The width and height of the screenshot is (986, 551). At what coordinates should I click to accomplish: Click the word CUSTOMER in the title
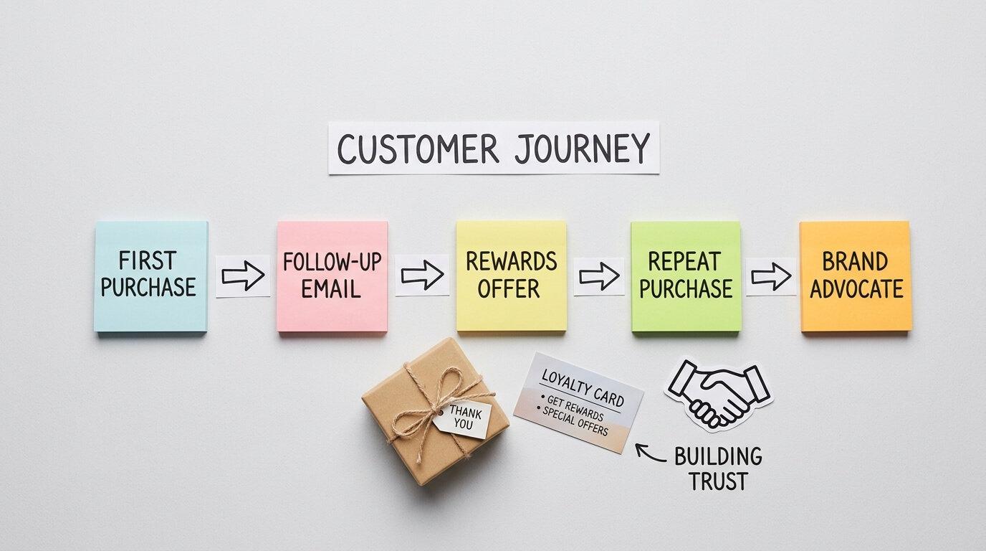click(x=418, y=149)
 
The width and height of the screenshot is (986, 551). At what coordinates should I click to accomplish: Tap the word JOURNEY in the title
click(x=581, y=149)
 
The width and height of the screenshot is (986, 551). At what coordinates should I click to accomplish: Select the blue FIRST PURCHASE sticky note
click(x=150, y=276)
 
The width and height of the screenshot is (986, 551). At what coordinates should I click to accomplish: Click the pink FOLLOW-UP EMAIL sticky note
click(x=332, y=276)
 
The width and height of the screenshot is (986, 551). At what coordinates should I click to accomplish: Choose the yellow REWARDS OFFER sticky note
click(x=511, y=276)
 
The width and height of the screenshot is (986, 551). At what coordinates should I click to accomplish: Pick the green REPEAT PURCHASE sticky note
click(x=686, y=276)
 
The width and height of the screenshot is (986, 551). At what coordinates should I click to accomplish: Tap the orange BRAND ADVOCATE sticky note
click(x=856, y=276)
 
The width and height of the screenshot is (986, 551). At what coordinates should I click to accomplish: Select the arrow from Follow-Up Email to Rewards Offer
click(x=422, y=275)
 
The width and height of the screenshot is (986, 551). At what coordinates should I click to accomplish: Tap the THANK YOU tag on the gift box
click(x=464, y=418)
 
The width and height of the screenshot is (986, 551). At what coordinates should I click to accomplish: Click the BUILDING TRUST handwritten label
click(x=717, y=468)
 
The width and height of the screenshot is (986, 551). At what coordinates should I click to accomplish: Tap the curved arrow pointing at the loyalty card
click(x=650, y=453)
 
